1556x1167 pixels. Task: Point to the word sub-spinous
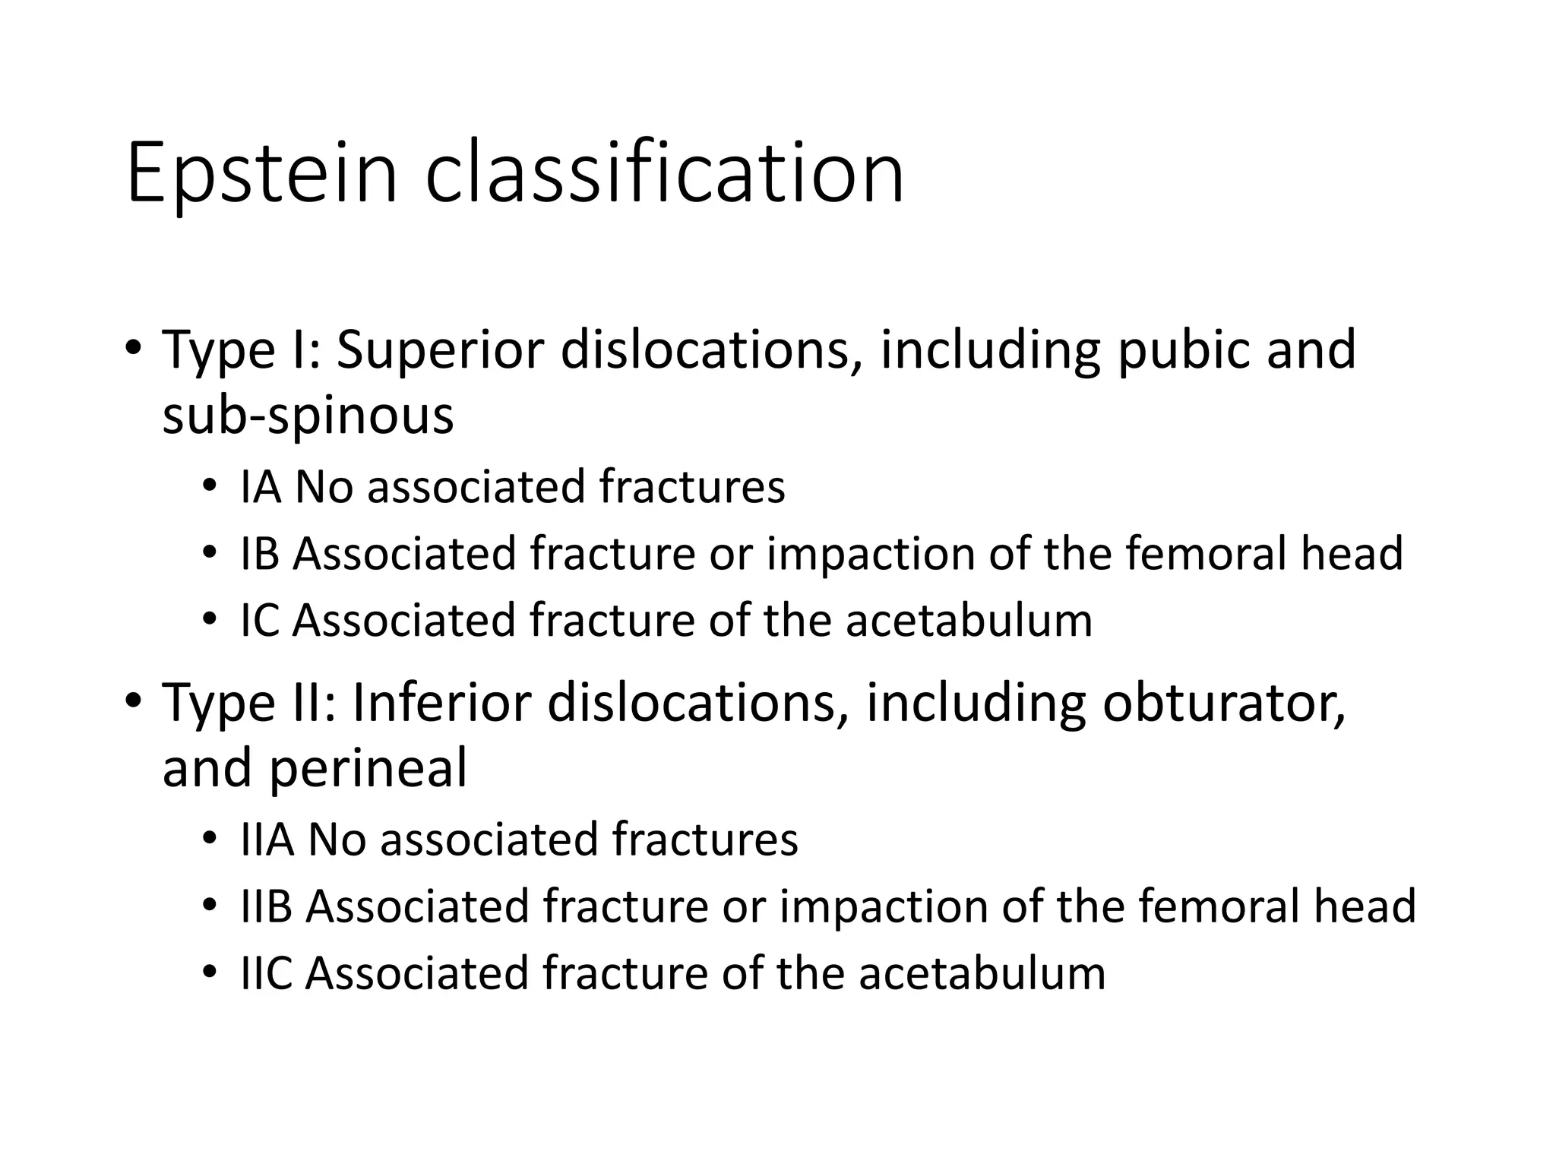point(308,417)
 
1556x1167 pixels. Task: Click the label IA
point(261,487)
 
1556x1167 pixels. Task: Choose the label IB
point(261,554)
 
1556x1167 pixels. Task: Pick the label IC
point(260,621)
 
